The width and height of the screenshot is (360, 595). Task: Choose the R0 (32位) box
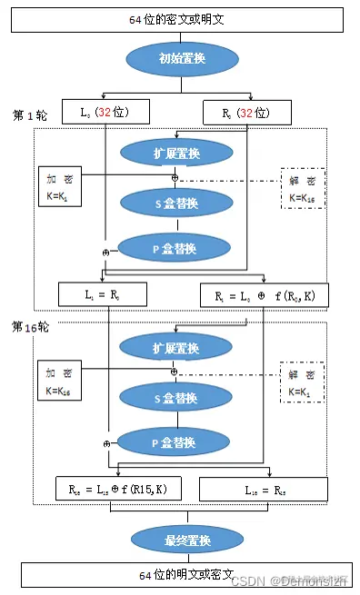[x=246, y=112]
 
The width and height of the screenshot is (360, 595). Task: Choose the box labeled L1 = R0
[x=95, y=293]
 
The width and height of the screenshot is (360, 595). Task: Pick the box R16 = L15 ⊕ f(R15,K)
[x=118, y=488]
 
